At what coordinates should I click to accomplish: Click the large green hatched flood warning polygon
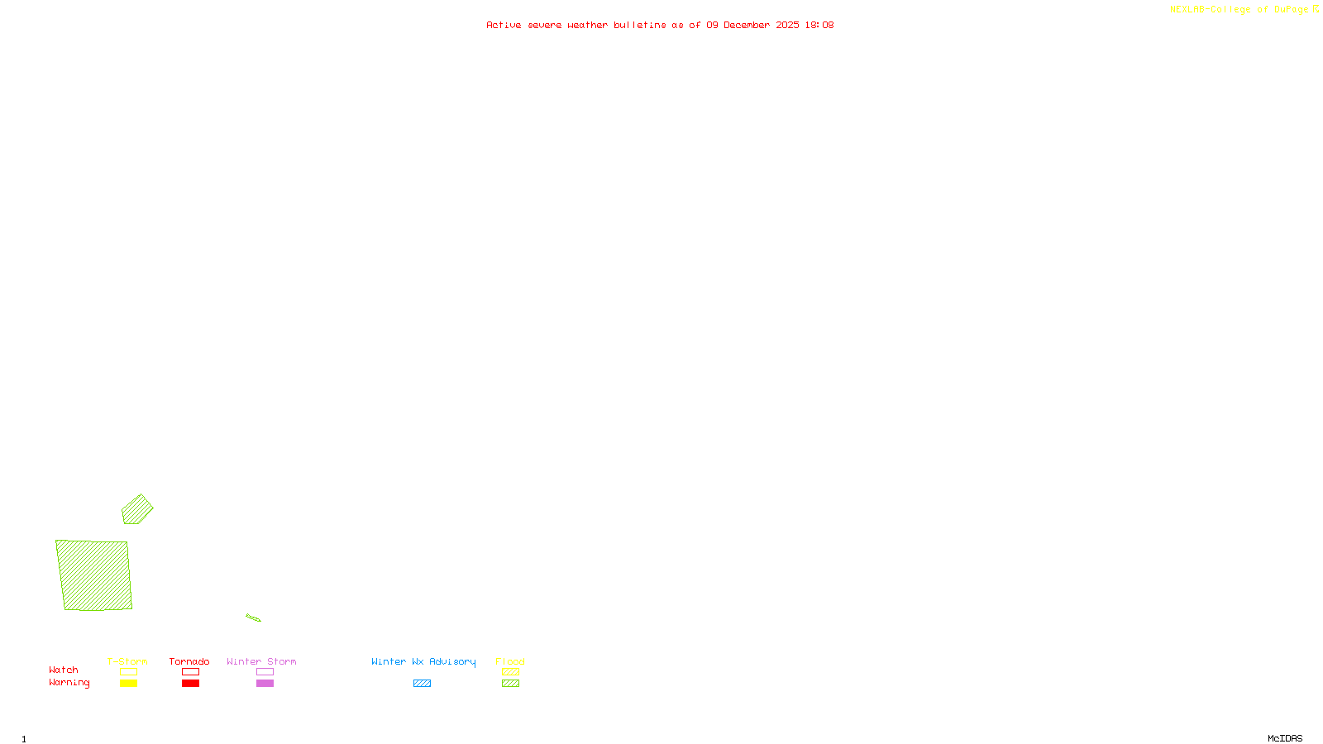coord(94,575)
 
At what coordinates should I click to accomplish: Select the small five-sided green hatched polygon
coord(137,509)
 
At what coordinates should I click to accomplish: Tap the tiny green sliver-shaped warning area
coord(253,618)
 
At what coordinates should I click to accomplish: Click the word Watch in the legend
coord(64,670)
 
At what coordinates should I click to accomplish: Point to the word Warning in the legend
coord(69,683)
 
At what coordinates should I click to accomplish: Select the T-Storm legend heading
coord(127,661)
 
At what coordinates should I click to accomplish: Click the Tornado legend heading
coord(189,661)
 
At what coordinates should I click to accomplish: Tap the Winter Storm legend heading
coord(261,661)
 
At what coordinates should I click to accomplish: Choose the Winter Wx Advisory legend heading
coord(423,661)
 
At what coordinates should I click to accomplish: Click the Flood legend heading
coord(510,661)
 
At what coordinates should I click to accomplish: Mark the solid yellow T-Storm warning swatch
coord(128,684)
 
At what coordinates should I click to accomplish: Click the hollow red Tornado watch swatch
coord(190,672)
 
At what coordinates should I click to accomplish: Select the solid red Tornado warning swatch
coord(190,684)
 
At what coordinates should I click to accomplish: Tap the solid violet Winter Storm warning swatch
coord(265,684)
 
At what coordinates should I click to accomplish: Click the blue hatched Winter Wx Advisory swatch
coord(422,684)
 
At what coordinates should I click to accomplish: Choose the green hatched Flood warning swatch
coord(510,684)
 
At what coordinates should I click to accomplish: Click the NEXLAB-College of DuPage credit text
coord(1239,9)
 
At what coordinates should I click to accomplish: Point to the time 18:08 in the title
coord(819,25)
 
